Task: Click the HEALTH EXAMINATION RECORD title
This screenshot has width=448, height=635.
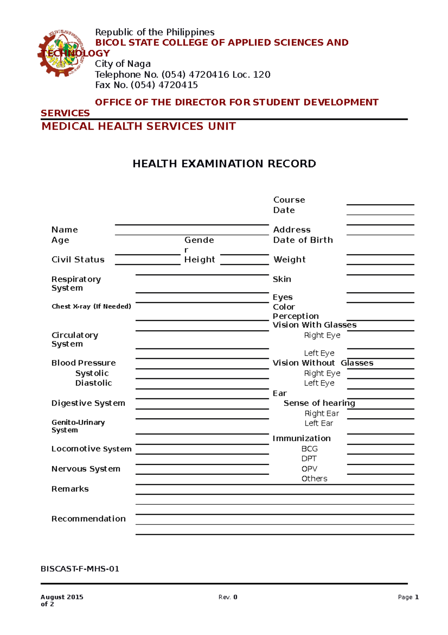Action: click(224, 164)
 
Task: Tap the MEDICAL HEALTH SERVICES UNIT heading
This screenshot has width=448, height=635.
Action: click(139, 126)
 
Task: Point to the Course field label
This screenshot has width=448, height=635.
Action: click(289, 200)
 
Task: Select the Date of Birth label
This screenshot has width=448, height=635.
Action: click(303, 240)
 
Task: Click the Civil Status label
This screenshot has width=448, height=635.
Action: click(78, 260)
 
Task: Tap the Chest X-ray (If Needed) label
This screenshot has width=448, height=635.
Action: click(91, 306)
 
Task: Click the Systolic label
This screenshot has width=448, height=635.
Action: click(92, 373)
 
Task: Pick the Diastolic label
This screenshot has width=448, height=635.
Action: click(93, 383)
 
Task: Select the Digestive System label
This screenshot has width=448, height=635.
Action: click(88, 403)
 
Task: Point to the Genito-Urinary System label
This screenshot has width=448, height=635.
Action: click(78, 426)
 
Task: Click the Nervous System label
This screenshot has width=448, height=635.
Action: click(85, 469)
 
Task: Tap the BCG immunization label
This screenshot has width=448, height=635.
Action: click(309, 449)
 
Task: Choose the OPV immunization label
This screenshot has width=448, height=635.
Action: click(309, 469)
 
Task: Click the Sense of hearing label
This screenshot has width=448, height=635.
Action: click(319, 403)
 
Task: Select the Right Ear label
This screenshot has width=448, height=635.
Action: click(321, 414)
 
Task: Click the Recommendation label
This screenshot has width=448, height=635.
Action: click(88, 519)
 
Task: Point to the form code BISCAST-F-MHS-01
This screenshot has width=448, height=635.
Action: click(80, 569)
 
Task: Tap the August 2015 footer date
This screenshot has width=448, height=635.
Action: click(62, 597)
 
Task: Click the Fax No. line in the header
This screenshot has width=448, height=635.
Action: click(146, 85)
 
